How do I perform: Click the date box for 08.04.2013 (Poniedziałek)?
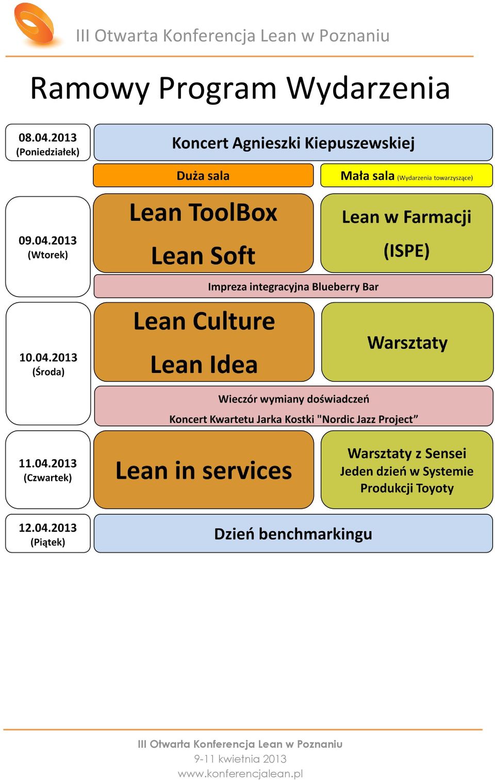tap(48, 142)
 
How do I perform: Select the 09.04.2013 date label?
tap(48, 247)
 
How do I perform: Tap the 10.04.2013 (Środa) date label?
tap(48, 364)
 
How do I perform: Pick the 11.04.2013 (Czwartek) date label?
tap(48, 470)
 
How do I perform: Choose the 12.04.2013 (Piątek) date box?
tap(48, 533)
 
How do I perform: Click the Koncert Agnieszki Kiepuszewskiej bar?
tap(293, 142)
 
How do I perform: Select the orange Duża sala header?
tap(203, 176)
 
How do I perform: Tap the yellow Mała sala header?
tap(406, 176)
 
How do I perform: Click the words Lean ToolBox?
tap(203, 212)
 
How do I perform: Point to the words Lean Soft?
tap(203, 256)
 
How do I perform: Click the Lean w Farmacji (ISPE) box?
tap(406, 233)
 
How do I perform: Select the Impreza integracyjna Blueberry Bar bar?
tap(293, 286)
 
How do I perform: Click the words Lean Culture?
tap(204, 321)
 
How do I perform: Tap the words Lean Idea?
tap(204, 365)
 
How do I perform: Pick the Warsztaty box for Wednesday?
tap(407, 342)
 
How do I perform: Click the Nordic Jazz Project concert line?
tap(293, 419)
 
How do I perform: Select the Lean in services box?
tap(204, 470)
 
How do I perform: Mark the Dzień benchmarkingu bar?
tap(293, 533)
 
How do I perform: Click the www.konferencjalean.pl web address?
tap(240, 774)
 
